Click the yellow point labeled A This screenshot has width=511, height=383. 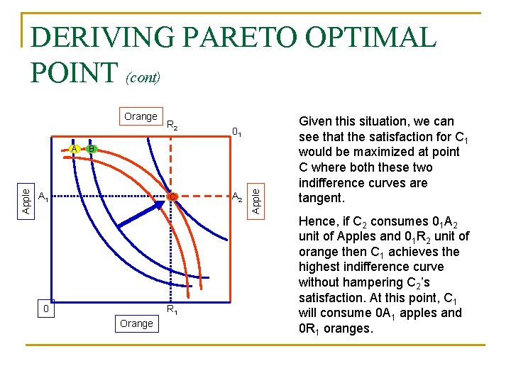point(75,149)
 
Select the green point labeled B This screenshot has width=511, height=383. point(92,149)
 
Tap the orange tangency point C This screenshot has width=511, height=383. point(172,196)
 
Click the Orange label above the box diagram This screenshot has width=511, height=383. point(141,116)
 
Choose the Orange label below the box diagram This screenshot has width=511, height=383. point(136,323)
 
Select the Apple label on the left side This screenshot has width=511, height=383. point(26,199)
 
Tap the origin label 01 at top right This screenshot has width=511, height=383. point(238,132)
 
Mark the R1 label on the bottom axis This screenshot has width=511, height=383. point(172,309)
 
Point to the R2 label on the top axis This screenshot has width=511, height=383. point(172,126)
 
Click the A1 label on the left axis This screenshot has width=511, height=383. point(43,196)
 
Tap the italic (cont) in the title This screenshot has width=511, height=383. point(143,77)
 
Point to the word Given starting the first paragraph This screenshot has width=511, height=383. point(317,121)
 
